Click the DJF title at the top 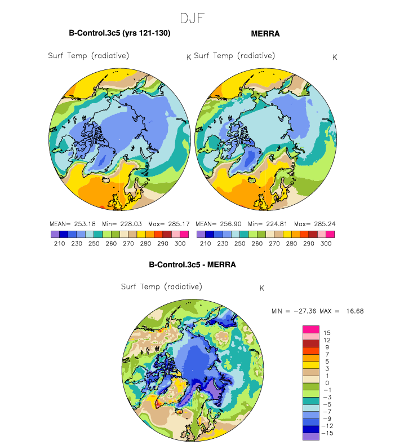192,19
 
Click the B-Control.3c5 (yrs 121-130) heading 119,33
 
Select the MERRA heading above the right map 265,34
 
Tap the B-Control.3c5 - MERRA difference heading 192,265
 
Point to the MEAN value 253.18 85,224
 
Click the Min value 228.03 131,224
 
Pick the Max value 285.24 325,224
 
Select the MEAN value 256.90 230,224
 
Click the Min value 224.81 277,224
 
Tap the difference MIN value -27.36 305,311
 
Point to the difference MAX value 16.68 355,311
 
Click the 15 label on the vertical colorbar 327,333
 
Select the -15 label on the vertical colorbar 327,433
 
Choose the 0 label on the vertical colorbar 327,383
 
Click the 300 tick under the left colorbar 180,244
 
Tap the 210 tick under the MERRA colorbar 205,244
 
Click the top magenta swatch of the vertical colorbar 311,329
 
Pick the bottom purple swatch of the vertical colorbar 311,437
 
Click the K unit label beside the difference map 262,288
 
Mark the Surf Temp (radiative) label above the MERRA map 234,56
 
